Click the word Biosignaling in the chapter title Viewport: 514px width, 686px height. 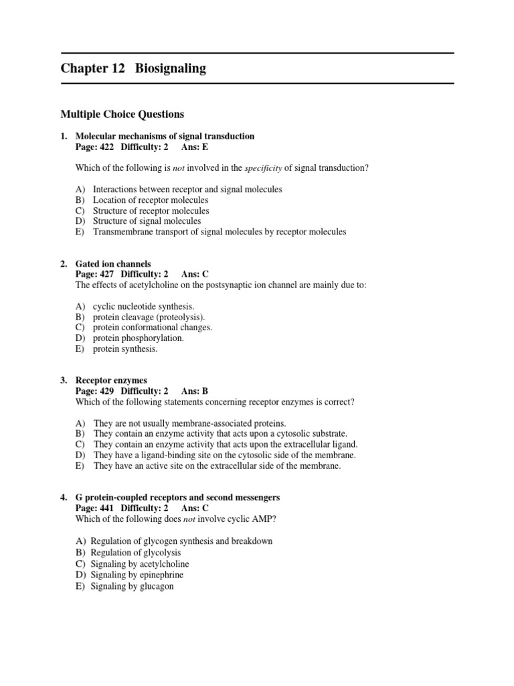tap(171, 68)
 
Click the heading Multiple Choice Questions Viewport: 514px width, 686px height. tap(122, 115)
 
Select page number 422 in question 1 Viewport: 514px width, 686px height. tap(106, 147)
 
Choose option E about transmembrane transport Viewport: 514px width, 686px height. tap(220, 232)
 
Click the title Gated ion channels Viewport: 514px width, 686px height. tap(113, 264)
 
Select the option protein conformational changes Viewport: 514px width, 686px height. tap(153, 328)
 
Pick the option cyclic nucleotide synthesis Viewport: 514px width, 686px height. tap(143, 306)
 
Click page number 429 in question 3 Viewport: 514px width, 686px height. tap(106, 391)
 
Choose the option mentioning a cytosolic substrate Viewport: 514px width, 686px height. tap(220, 434)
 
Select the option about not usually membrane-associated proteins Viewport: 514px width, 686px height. tap(189, 423)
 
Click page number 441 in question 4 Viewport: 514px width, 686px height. tap(106, 508)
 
